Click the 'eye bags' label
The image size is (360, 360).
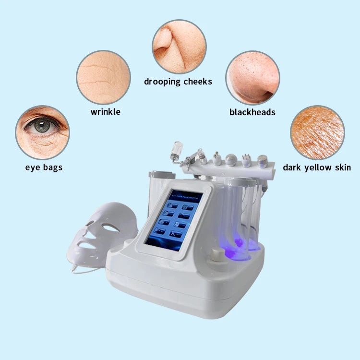[44, 168]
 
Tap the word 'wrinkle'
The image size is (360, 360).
[105, 112]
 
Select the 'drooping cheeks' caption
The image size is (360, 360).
[178, 82]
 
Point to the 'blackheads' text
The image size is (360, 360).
[252, 112]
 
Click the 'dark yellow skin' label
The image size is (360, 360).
[316, 168]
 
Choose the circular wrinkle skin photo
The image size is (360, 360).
[103, 77]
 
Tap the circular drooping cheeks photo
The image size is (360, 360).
[179, 40]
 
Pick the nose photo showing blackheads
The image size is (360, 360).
[252, 78]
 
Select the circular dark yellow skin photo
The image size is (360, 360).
[317, 132]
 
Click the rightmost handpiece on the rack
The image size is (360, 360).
[263, 161]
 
